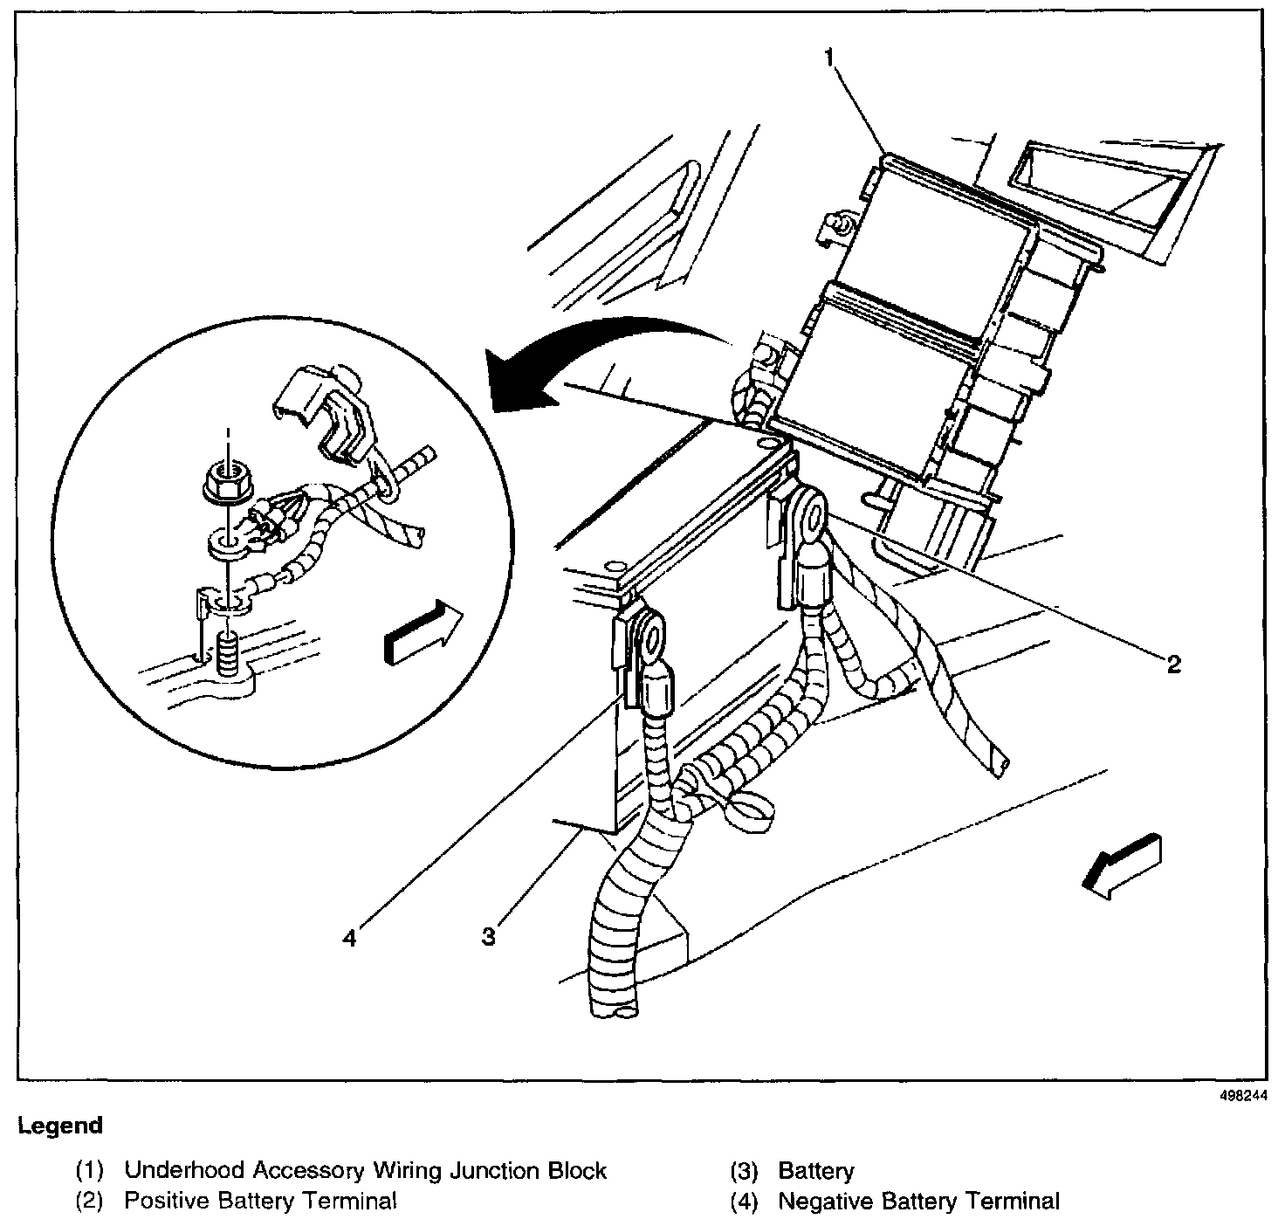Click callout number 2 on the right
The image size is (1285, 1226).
(1173, 665)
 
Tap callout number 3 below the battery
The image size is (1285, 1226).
(489, 937)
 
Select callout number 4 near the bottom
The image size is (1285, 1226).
(349, 938)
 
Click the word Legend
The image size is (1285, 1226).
(60, 1126)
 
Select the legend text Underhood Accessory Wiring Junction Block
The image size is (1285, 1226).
(365, 1171)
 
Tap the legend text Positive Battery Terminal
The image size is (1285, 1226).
(260, 1202)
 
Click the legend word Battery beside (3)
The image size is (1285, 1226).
(816, 1171)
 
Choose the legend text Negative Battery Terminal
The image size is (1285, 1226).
(918, 1202)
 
